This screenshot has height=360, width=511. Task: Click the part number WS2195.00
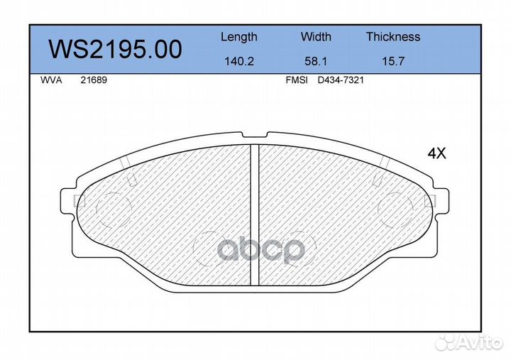pos(115,49)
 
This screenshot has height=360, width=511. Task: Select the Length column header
pos(239,38)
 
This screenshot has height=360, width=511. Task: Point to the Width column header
pos(316,36)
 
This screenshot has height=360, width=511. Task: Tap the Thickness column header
pos(393,36)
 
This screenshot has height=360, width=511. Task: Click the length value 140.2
pos(239,61)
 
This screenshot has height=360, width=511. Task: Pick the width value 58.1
pos(316,61)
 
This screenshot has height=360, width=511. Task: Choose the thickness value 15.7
pos(393,61)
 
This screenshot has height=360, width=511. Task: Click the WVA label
pos(51,80)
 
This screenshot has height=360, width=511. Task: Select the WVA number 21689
pos(94,80)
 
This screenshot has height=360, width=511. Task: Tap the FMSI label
pos(297,80)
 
